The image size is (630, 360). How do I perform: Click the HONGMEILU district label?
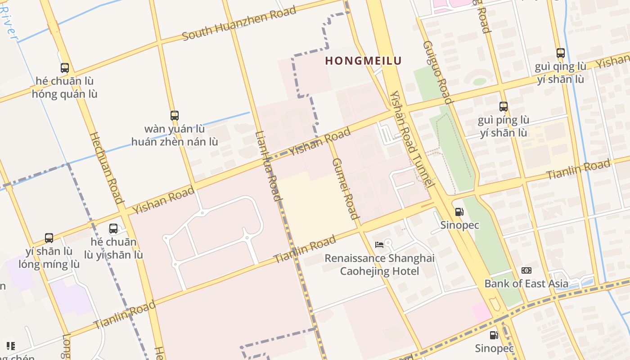pyautogui.click(x=363, y=61)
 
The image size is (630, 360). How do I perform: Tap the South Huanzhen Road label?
pyautogui.click(x=239, y=23)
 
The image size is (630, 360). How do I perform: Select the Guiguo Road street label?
pyautogui.click(x=434, y=72)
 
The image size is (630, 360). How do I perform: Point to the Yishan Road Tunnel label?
pyautogui.click(x=412, y=139)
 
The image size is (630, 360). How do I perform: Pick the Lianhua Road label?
pyautogui.click(x=269, y=166)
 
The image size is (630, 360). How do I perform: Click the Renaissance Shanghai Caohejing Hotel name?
pyautogui.click(x=379, y=265)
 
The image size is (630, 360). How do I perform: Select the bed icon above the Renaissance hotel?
pyautogui.click(x=379, y=245)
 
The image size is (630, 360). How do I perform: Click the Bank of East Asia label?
pyautogui.click(x=526, y=283)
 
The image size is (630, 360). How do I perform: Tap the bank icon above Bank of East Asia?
pyautogui.click(x=526, y=270)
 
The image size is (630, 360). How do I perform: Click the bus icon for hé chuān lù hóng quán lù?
pyautogui.click(x=65, y=68)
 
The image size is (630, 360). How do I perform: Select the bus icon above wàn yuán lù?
pyautogui.click(x=175, y=116)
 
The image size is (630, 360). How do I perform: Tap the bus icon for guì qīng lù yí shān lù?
pyautogui.click(x=560, y=53)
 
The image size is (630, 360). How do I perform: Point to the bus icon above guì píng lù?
pyautogui.click(x=504, y=107)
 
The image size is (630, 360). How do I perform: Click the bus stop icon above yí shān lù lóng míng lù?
pyautogui.click(x=49, y=238)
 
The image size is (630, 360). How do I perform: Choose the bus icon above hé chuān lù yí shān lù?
pyautogui.click(x=113, y=229)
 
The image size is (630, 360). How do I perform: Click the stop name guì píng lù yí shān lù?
pyautogui.click(x=504, y=126)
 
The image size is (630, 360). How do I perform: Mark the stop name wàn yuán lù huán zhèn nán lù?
pyautogui.click(x=175, y=135)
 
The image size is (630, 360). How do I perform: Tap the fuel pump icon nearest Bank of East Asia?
pyautogui.click(x=494, y=335)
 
